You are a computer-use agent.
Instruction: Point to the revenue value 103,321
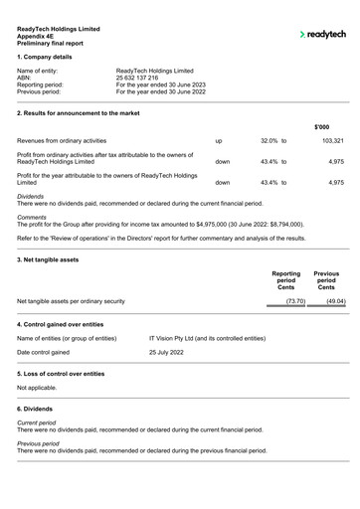coord(332,141)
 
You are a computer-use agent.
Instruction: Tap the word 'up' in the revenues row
coord(219,141)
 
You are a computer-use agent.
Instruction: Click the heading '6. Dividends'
coord(39,409)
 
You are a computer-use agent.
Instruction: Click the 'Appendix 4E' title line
coord(40,36)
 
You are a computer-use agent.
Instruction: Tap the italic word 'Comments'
coord(32,216)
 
